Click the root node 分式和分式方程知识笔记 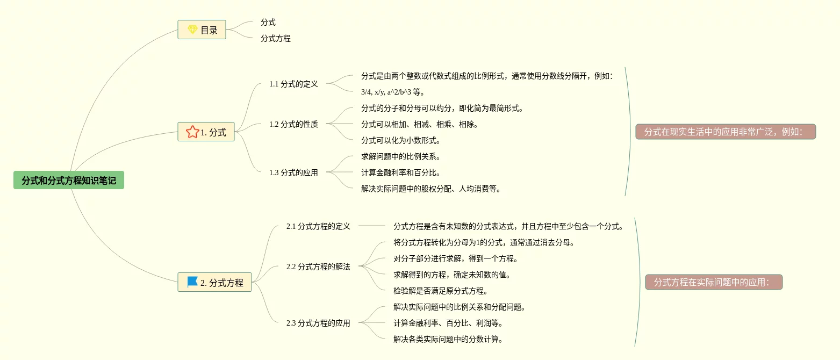69,181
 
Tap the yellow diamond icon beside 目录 192,30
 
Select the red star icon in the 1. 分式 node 192,132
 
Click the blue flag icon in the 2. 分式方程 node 192,282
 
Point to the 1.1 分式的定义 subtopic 293,84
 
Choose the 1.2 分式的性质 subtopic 293,124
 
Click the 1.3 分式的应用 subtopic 293,172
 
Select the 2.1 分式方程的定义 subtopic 318,226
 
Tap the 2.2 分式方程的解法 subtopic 318,267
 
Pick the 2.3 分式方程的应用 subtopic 318,323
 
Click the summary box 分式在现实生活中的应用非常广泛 726,132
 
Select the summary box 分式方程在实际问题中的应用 714,282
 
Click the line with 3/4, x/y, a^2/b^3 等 393,92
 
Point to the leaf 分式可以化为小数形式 401,141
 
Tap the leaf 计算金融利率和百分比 401,173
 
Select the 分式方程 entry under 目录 276,39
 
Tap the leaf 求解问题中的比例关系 401,157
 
